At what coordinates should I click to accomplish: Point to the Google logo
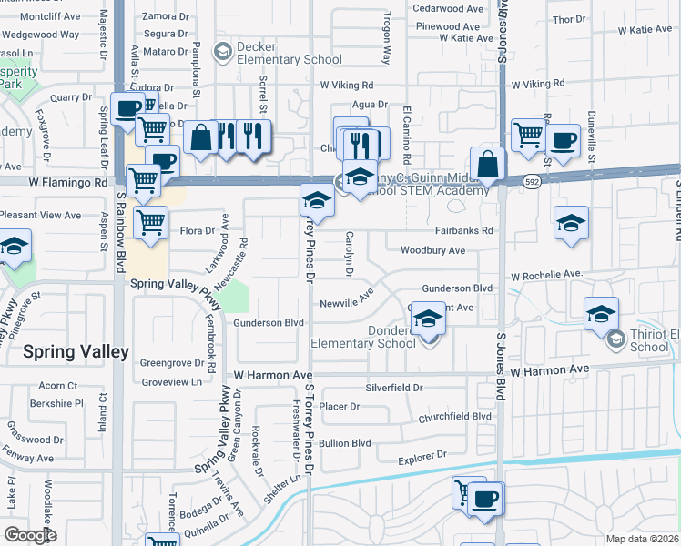coord(30,535)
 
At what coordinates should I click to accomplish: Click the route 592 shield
coord(531,182)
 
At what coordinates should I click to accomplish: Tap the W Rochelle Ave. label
coord(546,274)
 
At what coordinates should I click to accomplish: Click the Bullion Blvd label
coord(345,443)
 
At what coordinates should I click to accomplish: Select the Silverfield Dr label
coord(395,388)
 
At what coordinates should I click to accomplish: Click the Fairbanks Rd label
coord(463,231)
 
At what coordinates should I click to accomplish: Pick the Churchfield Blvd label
coord(455,418)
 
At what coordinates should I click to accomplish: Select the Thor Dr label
coord(568,18)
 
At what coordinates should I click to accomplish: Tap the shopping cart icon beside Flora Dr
coord(151,221)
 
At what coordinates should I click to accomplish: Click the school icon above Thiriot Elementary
coord(601,314)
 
